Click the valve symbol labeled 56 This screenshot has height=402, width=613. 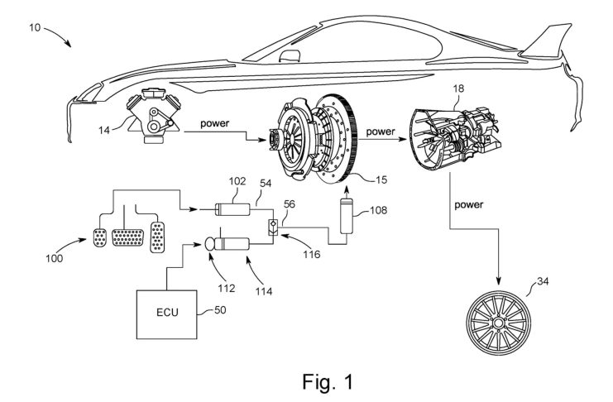coord(272,227)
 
